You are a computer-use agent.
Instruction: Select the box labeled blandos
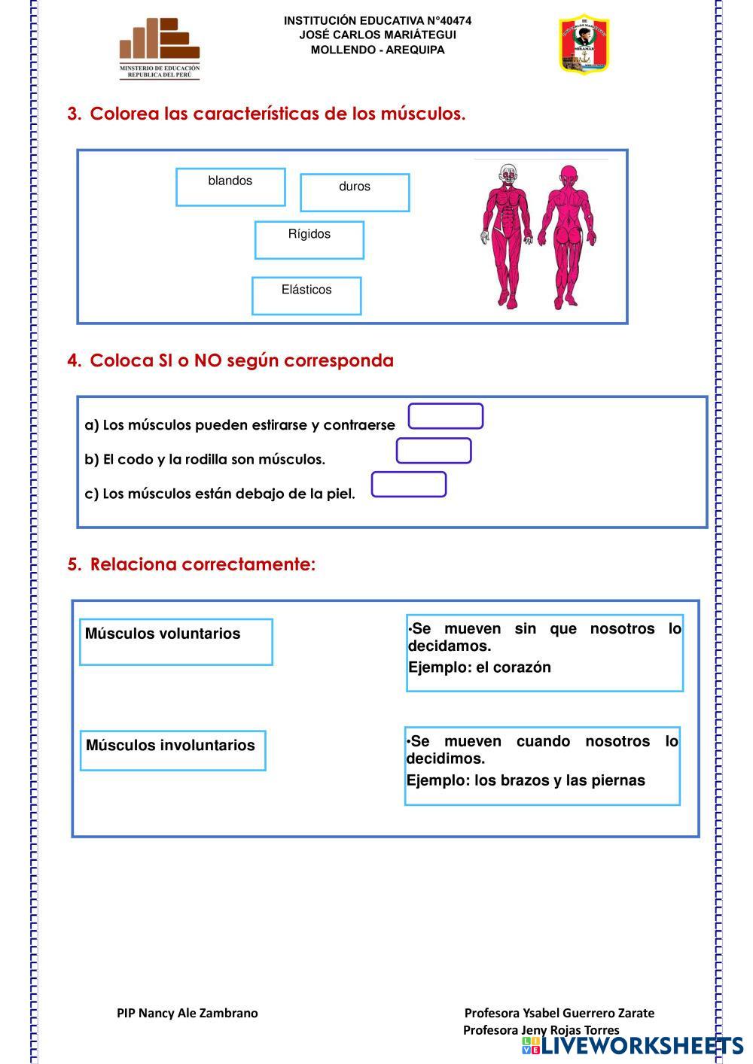[x=230, y=187]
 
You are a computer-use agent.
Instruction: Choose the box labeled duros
[x=355, y=193]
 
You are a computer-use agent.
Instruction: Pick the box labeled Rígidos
[x=309, y=240]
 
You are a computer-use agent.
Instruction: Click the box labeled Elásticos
[x=306, y=296]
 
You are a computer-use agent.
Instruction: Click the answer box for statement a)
[x=446, y=416]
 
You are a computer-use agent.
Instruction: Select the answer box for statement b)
[x=434, y=451]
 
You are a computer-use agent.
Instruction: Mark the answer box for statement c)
[x=409, y=485]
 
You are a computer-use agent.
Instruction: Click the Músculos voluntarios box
[x=176, y=642]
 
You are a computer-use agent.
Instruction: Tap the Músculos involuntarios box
[x=172, y=750]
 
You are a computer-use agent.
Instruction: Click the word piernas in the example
[x=619, y=780]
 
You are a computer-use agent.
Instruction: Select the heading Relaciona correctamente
[x=203, y=564]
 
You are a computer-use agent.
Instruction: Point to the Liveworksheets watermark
[x=633, y=1046]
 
